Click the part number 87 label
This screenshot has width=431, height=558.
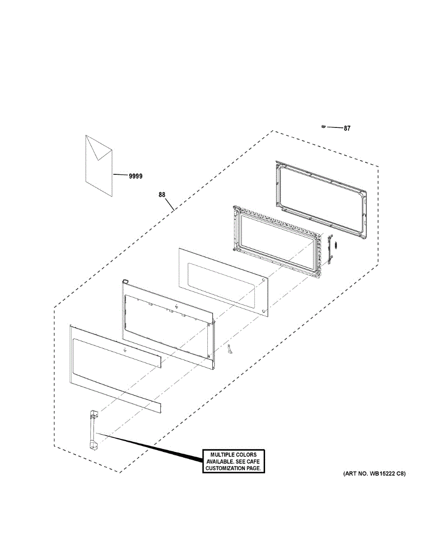pos(347,128)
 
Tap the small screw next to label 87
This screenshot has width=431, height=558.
pos(323,126)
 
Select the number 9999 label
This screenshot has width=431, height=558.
pos(136,176)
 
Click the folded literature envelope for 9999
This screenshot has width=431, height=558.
pos(99,165)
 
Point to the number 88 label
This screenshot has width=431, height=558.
pos(162,195)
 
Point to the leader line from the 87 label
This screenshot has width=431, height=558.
pos(334,127)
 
